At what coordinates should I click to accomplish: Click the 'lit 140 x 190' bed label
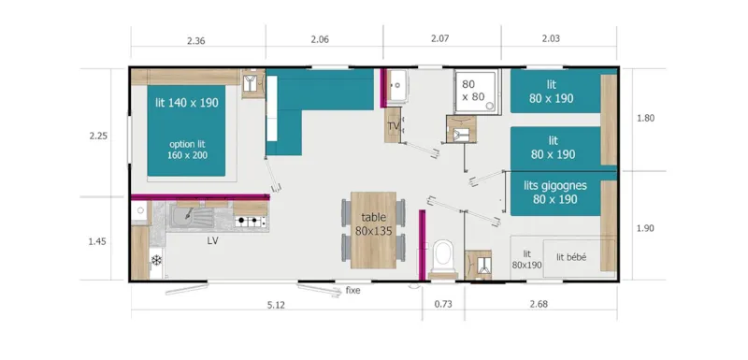tap(186, 103)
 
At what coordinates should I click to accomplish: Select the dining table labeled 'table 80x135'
tap(372, 224)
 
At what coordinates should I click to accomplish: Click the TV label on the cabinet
tap(394, 125)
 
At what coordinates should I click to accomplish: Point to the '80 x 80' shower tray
tap(475, 90)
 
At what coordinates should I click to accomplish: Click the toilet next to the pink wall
tap(444, 256)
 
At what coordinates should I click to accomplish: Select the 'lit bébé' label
tap(570, 258)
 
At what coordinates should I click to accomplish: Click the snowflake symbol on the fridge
tap(157, 259)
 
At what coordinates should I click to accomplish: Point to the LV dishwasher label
tap(213, 239)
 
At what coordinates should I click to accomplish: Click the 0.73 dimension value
tap(443, 303)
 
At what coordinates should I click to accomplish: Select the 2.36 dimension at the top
tap(196, 40)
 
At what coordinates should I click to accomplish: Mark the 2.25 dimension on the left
tap(98, 136)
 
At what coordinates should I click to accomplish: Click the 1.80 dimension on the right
tap(646, 119)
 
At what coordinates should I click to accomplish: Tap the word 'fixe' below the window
tap(352, 291)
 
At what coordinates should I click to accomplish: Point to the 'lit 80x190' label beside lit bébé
tap(526, 259)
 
